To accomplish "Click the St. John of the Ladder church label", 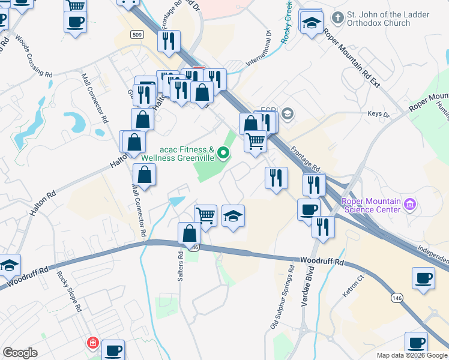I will (378, 19).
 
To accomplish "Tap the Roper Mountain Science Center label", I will (371, 205).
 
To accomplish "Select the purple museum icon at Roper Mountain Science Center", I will (411, 205).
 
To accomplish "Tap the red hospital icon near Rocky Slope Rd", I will (92, 343).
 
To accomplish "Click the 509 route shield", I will (136, 35).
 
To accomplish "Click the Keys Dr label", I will (378, 115).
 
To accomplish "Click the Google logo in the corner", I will (20, 353).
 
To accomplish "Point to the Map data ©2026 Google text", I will (412, 355).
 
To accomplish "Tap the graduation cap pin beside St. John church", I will (312, 23).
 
